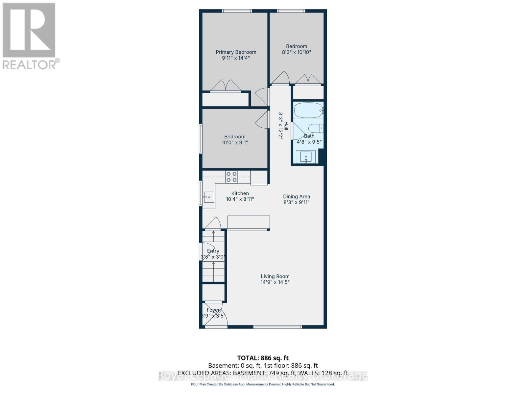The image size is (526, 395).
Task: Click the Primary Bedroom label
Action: click(x=236, y=52)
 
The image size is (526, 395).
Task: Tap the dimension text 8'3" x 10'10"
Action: click(x=296, y=52)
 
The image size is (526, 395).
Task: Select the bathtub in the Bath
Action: click(x=308, y=111)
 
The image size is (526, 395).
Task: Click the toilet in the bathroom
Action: click(x=316, y=128)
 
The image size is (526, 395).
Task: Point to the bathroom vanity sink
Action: click(x=306, y=157)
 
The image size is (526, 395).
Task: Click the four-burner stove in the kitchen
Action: click(x=231, y=177)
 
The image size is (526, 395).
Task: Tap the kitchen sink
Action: click(x=209, y=197)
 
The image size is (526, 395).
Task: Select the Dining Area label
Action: click(x=297, y=197)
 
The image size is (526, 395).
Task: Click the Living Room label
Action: click(x=275, y=276)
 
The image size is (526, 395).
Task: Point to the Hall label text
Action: click(x=286, y=126)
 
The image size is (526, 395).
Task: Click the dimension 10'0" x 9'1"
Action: click(x=235, y=143)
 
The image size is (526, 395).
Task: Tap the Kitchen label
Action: click(x=240, y=194)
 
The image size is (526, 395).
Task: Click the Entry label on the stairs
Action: click(x=213, y=251)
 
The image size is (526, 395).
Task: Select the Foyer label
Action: click(x=213, y=310)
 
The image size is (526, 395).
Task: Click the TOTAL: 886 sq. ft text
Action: click(x=263, y=358)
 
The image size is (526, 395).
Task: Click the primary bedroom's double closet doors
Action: click(x=226, y=86)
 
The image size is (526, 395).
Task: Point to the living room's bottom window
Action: click(x=277, y=327)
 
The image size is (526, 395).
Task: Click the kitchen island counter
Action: click(x=249, y=223)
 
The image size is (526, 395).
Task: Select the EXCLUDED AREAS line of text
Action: click(x=263, y=373)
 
